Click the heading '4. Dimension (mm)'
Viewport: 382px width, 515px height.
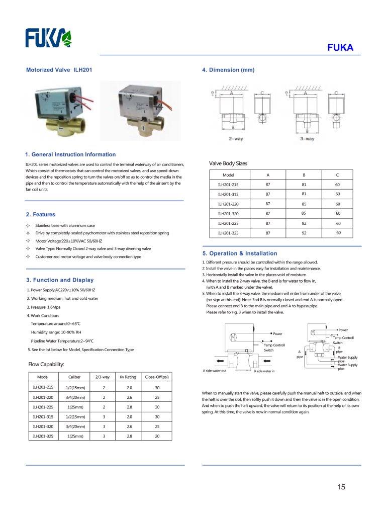click(228, 70)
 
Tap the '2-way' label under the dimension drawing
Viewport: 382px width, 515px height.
click(236, 138)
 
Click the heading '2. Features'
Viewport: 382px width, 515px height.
click(41, 215)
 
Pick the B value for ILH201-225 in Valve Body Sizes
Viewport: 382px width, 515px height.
click(304, 223)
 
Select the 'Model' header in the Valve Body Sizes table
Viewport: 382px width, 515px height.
click(229, 175)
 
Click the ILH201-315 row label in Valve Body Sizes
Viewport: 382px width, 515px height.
click(228, 194)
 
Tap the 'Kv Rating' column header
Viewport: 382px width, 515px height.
click(128, 377)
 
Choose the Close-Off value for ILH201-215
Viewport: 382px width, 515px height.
click(157, 388)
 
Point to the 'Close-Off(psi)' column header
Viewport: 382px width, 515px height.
click(157, 377)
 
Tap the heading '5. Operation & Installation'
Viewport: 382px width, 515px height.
click(239, 253)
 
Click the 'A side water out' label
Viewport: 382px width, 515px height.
click(215, 371)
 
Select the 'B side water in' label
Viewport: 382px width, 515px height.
click(264, 372)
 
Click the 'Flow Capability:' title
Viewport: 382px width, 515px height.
click(46, 364)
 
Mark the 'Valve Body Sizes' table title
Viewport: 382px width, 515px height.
click(228, 163)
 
